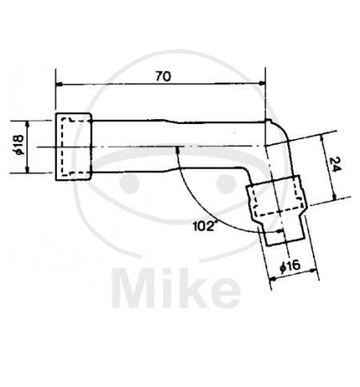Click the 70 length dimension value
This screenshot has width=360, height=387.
pos(163,77)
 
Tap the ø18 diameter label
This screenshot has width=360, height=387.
pos(20,145)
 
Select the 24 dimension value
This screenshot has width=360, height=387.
pos(335,165)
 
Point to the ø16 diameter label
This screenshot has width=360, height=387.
pos(290,266)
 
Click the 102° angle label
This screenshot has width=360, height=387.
pos(203,226)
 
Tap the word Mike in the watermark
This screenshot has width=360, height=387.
pos(176,289)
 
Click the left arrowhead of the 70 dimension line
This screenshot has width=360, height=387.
pos(59,84)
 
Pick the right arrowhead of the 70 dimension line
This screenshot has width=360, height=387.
pos(262,84)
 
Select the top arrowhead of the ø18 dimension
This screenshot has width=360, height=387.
pos(27,124)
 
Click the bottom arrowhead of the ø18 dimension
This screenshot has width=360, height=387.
pos(27,170)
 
